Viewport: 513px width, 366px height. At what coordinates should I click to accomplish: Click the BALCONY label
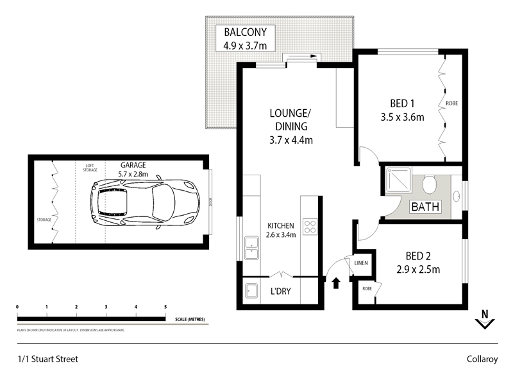[249, 32]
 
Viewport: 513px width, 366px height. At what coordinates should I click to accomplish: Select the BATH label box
[425, 207]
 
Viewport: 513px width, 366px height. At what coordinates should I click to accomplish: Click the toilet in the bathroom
[430, 184]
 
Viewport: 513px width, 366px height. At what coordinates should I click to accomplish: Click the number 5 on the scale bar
[165, 307]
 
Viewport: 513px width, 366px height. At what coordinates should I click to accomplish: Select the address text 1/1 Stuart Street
[47, 359]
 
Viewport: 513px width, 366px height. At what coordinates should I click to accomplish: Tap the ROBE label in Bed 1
[451, 103]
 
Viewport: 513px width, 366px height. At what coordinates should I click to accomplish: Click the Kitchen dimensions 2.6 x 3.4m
[281, 235]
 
